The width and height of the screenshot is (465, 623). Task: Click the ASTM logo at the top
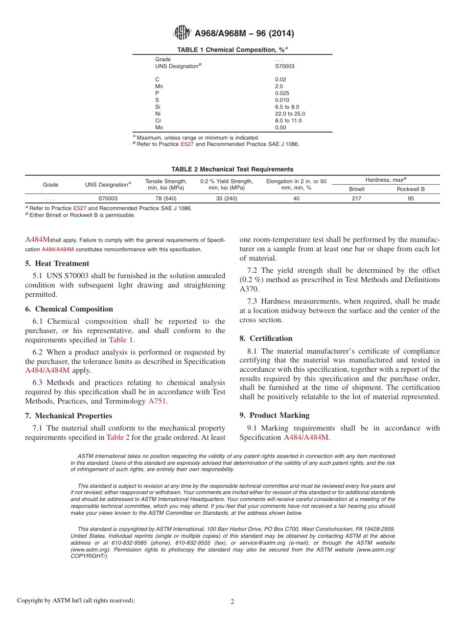tap(182, 33)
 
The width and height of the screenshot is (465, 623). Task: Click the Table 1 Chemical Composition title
tap(232, 50)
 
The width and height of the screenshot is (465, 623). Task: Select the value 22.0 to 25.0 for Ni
tap(290, 114)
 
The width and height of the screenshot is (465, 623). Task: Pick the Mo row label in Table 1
tap(159, 127)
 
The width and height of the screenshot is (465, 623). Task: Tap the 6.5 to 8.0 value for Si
tap(287, 107)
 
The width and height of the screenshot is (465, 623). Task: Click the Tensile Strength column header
tap(166, 185)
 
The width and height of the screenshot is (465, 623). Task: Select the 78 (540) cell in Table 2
tap(166, 199)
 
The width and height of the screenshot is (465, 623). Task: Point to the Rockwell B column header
tap(410, 189)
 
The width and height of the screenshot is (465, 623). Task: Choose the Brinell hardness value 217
tap(357, 199)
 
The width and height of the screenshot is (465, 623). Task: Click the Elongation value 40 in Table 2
tap(296, 199)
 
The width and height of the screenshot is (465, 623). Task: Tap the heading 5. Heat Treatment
tap(57, 264)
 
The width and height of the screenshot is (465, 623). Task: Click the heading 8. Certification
tap(266, 338)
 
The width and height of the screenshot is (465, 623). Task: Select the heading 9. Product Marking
tap(275, 415)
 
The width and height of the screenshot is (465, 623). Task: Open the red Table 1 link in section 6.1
tap(121, 340)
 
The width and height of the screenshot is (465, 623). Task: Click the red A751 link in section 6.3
tap(157, 401)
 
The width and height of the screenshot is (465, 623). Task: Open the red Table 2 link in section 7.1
tap(118, 437)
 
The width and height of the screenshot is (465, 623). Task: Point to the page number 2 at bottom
tap(232, 602)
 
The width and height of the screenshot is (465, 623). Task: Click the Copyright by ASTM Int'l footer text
tap(76, 600)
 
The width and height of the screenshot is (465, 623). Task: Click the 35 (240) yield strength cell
tap(227, 199)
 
